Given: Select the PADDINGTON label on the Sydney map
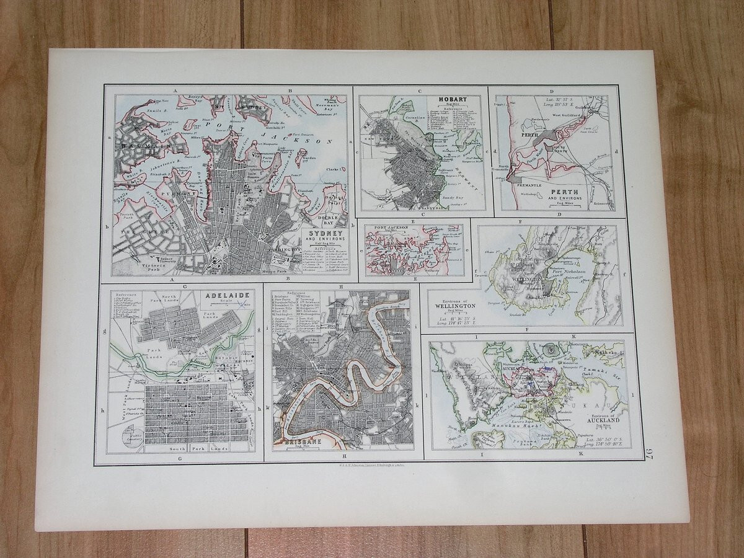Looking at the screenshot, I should tap(285, 250).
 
